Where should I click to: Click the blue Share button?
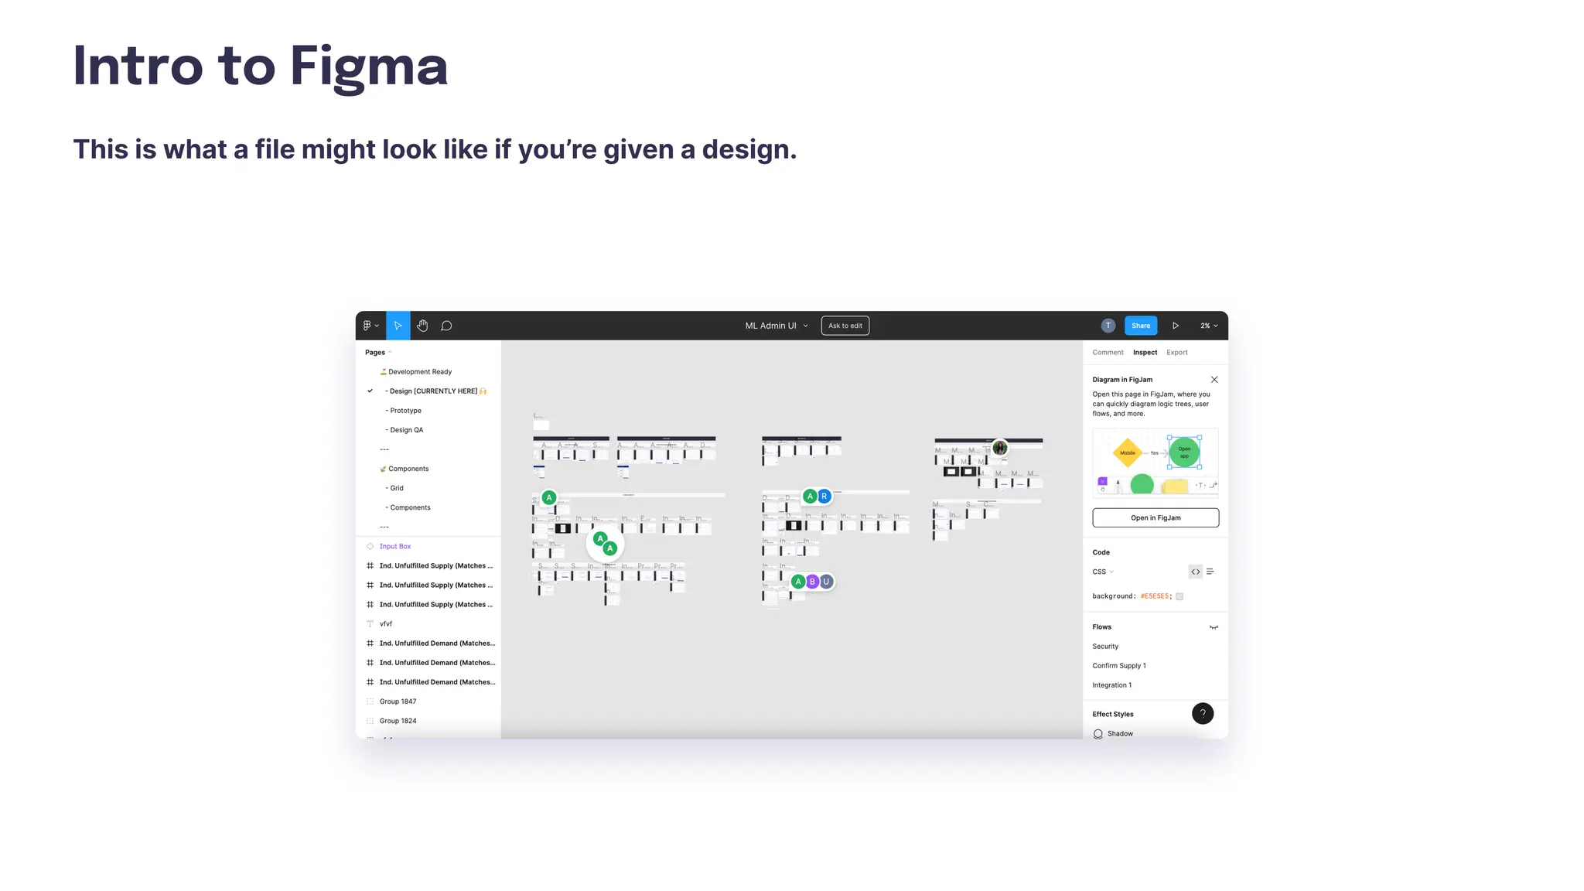[1140, 326]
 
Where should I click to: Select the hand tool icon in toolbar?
[422, 326]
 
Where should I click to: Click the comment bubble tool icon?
[446, 326]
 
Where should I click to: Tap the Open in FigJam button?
[1156, 517]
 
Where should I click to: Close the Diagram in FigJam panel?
[1214, 380]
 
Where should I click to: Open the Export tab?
[1176, 353]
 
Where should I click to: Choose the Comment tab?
[1108, 353]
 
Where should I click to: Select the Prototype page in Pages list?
[405, 411]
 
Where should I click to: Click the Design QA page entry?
[406, 430]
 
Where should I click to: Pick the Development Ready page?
[419, 372]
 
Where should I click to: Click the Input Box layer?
[395, 546]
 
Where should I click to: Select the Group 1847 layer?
[398, 702]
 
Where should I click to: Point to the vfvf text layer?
[386, 623]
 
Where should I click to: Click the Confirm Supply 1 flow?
[1119, 666]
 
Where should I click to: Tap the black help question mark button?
[1203, 713]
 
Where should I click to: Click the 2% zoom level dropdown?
[1209, 326]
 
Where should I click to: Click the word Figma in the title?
[369, 67]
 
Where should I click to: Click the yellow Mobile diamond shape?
[1128, 453]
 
